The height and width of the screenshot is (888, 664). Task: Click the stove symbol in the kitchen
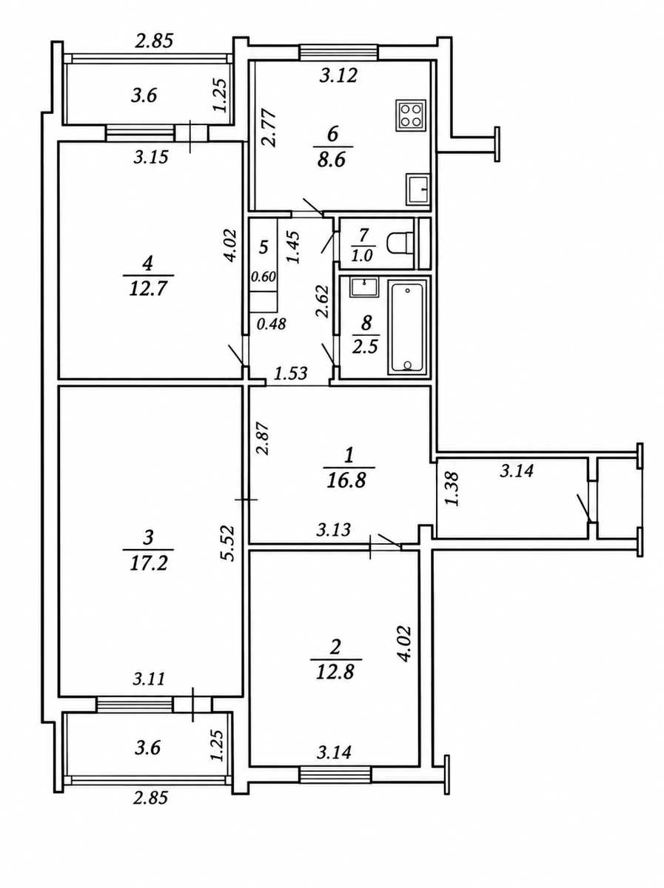pos(411,115)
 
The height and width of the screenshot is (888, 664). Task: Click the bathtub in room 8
pos(407,327)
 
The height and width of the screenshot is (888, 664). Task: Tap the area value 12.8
pos(335,672)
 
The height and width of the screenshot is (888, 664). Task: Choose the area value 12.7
pos(148,289)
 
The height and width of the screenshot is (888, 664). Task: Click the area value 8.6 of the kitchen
pos(332,160)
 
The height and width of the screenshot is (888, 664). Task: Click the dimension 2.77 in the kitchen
pos(269,127)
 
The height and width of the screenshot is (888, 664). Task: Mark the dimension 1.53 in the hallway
pos(291,373)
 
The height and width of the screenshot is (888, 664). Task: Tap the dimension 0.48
pos(272,323)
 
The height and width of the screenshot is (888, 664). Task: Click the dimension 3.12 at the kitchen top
pos(338,75)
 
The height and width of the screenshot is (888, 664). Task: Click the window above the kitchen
pos(338,53)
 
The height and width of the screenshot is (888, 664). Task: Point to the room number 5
pos(264,246)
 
